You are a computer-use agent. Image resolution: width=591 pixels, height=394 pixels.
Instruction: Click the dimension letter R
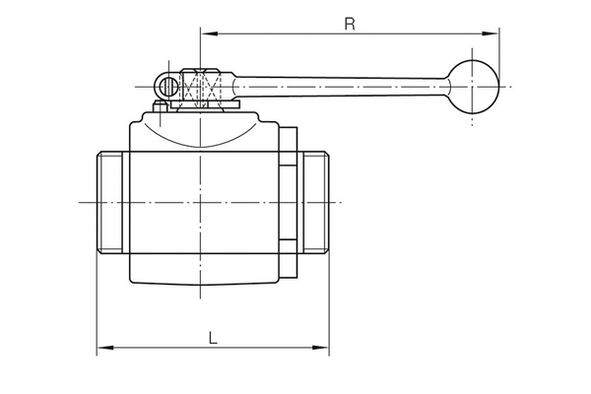pyautogui.click(x=349, y=24)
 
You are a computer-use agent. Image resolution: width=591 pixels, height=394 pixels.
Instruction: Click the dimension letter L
pyautogui.click(x=213, y=337)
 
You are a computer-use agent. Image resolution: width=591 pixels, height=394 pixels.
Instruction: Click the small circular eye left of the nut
pyautogui.click(x=169, y=87)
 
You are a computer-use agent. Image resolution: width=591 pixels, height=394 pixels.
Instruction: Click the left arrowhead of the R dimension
pyautogui.click(x=206, y=34)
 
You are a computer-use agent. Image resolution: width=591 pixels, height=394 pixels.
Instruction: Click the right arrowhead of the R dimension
pyautogui.click(x=492, y=34)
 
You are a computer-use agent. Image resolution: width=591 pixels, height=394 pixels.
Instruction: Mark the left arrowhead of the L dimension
pyautogui.click(x=102, y=347)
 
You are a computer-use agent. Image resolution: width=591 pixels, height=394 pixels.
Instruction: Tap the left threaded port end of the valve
pyautogui.click(x=112, y=202)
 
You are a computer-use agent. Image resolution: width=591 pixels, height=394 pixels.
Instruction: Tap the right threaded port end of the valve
pyautogui.click(x=314, y=202)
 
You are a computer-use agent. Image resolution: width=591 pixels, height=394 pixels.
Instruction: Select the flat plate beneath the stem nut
pyautogui.click(x=201, y=102)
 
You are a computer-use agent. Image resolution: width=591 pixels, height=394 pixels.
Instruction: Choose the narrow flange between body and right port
pyautogui.click(x=287, y=202)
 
